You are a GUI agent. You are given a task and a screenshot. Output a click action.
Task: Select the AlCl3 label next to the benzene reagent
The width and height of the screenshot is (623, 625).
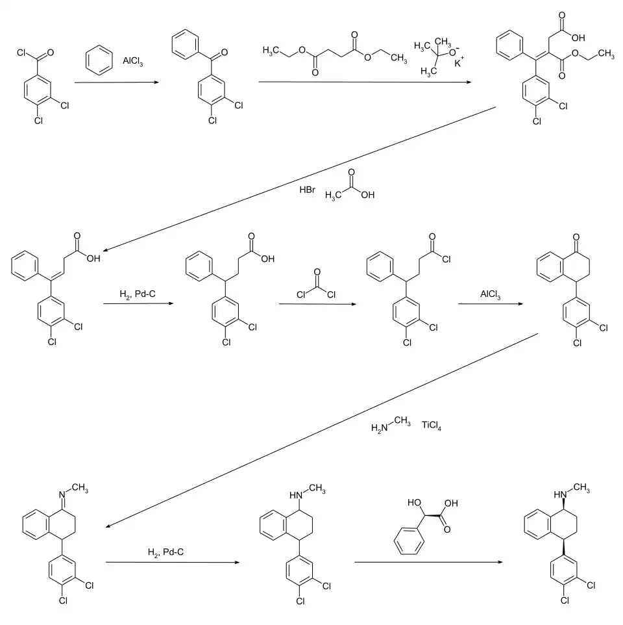point(133,62)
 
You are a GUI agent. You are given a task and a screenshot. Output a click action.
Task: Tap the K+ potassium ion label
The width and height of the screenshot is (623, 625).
point(459,63)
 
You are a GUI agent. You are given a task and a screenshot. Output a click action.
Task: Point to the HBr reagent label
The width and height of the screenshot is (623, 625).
point(307,190)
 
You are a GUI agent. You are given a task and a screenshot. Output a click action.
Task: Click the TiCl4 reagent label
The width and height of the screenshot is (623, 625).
point(432,426)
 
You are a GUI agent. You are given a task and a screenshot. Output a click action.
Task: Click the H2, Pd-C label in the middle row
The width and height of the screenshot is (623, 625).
point(138,294)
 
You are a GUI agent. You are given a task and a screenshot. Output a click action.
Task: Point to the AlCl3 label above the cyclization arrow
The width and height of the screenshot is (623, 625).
point(491,294)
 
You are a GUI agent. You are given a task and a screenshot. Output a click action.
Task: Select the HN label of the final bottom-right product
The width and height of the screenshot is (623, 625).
point(561,495)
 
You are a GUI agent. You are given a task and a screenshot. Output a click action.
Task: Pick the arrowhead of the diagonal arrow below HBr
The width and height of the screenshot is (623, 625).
point(105,251)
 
